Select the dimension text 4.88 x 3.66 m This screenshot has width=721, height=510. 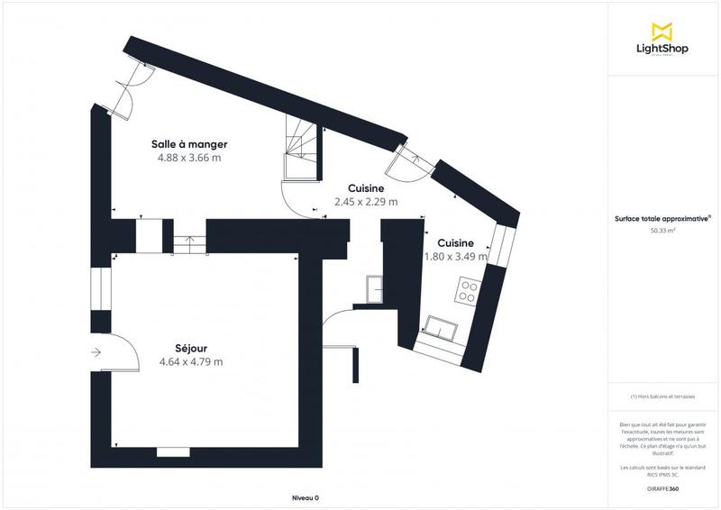(x=188, y=157)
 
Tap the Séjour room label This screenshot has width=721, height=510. (x=190, y=348)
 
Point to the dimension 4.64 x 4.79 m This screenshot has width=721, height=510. (x=190, y=361)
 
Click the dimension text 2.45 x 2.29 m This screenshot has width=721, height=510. (x=366, y=202)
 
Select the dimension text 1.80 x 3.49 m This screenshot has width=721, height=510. (x=455, y=257)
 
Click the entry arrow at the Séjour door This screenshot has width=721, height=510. (x=96, y=353)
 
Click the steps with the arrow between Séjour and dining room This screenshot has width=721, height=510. (x=185, y=240)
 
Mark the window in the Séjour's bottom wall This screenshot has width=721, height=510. (x=172, y=450)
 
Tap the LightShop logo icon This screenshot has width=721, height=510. (x=662, y=32)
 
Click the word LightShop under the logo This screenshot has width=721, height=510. (x=662, y=50)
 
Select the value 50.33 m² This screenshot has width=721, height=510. (x=662, y=231)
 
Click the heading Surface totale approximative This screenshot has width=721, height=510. (x=662, y=218)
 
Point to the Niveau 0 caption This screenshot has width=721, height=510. (x=306, y=497)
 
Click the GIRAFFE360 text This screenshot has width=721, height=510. (x=662, y=487)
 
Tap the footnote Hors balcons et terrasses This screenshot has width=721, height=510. (x=662, y=396)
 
